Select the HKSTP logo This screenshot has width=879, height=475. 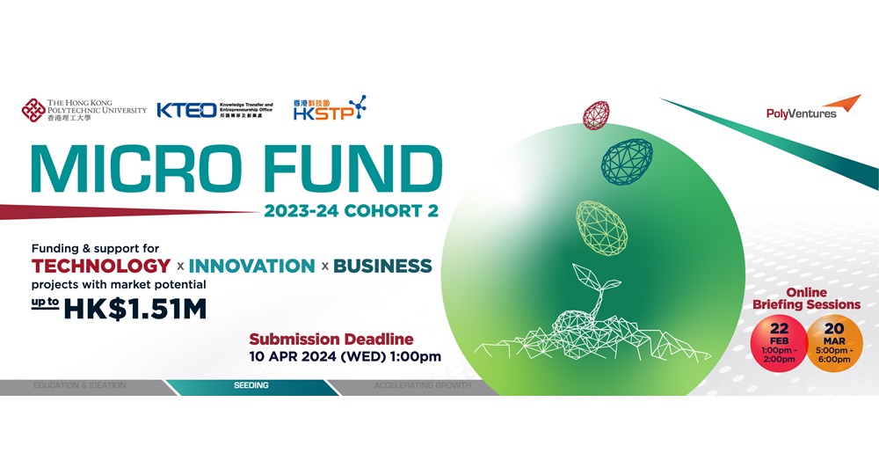coord(331,108)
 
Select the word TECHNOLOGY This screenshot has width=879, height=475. coord(101,266)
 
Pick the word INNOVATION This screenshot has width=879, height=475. coord(251,266)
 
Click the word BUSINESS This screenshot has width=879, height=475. coord(382,266)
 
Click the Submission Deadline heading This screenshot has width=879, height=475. coord(331,339)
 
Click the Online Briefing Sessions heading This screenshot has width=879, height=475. coord(806,297)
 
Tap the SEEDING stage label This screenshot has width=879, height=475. coord(251,385)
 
